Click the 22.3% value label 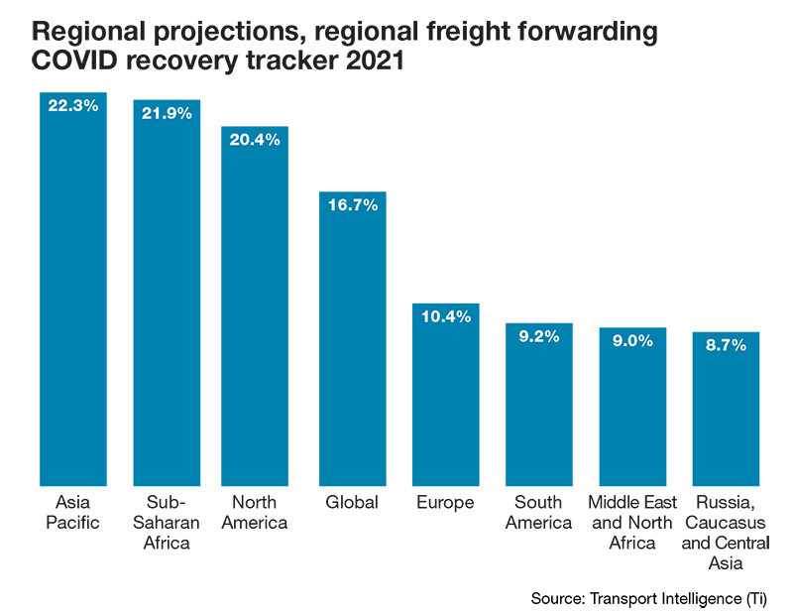tap(72, 105)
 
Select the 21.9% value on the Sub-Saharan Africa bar tap(168, 114)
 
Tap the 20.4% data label tap(255, 140)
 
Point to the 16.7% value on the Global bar tap(352, 205)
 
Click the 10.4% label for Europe tap(445, 316)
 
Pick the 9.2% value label tap(538, 336)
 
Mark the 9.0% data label tap(632, 340)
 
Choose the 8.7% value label tap(726, 344)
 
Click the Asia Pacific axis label tap(72, 513)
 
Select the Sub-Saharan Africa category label tap(168, 523)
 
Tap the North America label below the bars tap(255, 513)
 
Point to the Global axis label tap(352, 503)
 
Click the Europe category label tap(445, 503)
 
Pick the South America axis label tap(538, 513)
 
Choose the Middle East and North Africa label tap(632, 523)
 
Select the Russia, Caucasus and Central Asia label tap(726, 533)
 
